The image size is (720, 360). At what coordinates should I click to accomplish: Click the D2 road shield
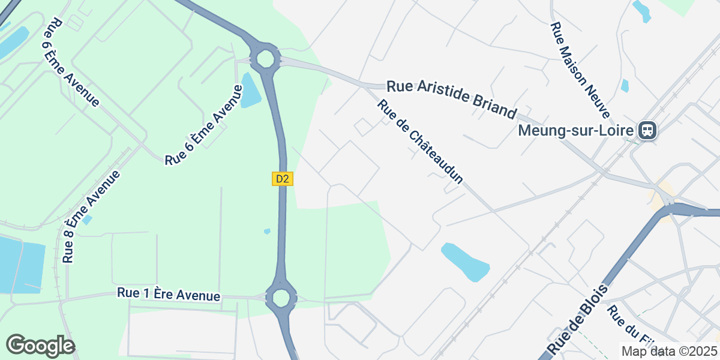(283, 179)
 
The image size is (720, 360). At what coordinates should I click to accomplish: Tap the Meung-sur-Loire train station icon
(647, 130)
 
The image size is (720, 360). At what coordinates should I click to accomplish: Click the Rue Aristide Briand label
(451, 98)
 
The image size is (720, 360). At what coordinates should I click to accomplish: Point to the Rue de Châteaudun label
(421, 142)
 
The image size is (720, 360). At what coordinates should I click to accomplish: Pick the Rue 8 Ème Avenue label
(91, 216)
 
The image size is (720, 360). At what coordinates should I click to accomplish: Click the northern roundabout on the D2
(265, 59)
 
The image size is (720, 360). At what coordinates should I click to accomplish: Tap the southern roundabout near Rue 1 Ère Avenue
(280, 297)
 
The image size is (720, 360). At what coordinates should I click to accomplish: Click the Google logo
(40, 346)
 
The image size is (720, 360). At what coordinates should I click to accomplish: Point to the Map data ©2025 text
(668, 351)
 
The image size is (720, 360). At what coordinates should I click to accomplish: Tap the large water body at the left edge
(21, 264)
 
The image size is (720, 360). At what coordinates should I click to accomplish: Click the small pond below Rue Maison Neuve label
(625, 85)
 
